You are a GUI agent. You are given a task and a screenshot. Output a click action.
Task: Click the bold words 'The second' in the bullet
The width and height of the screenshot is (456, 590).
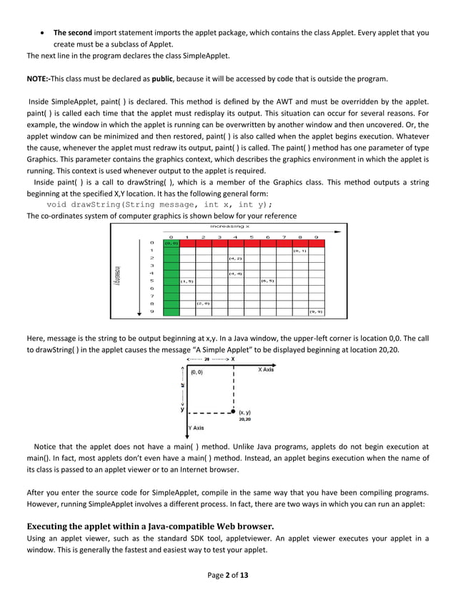71,33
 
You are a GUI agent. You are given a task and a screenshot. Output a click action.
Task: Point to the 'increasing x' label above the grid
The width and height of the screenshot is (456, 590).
229,226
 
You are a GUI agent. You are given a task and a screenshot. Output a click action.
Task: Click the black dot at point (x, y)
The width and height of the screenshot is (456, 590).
233,412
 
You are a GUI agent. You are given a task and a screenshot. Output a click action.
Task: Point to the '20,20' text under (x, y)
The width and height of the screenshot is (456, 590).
244,420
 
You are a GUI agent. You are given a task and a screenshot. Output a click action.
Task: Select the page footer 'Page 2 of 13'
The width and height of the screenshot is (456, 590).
229,575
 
